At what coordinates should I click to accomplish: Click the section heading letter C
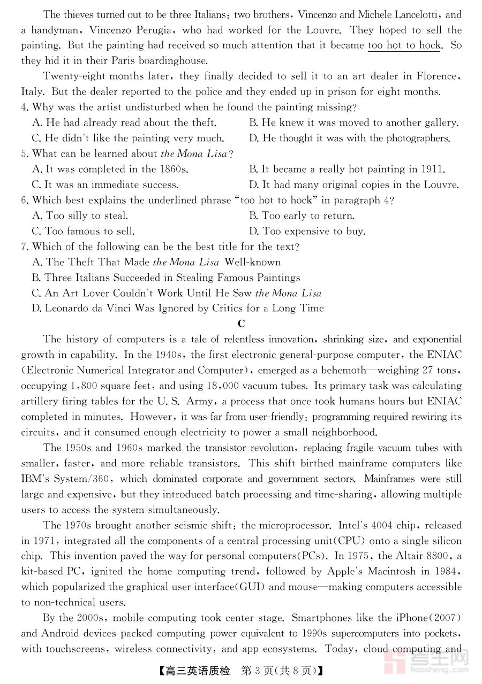pyautogui.click(x=241, y=324)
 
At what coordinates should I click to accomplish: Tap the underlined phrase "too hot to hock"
pyautogui.click(x=404, y=45)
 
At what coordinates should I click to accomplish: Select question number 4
pyautogui.click(x=25, y=107)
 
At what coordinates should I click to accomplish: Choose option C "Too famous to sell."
pyautogui.click(x=83, y=232)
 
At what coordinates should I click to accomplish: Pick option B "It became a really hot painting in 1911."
pyautogui.click(x=347, y=170)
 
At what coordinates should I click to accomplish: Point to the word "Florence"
pyautogui.click(x=436, y=76)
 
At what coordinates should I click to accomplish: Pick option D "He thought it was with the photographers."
pyautogui.click(x=349, y=139)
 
